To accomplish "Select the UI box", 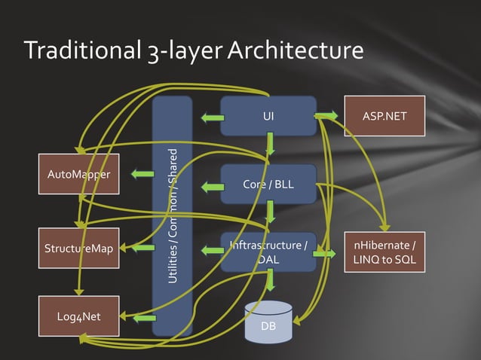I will (x=268, y=116).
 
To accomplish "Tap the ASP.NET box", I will (x=384, y=116).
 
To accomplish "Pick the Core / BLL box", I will (x=268, y=185).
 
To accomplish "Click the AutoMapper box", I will (x=78, y=175).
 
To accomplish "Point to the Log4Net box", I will (x=70, y=316).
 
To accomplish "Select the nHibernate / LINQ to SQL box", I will (x=384, y=251).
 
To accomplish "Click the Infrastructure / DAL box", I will (x=268, y=252).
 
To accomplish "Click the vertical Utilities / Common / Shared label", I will (x=173, y=215).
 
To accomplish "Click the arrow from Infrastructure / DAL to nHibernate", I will (x=325, y=255).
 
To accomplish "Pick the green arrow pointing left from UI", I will (x=212, y=117).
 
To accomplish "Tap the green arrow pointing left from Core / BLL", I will (x=212, y=185).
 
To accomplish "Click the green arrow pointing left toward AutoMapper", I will (x=142, y=175).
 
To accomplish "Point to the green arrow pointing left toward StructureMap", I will (x=142, y=247).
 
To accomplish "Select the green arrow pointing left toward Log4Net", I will (x=142, y=319).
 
